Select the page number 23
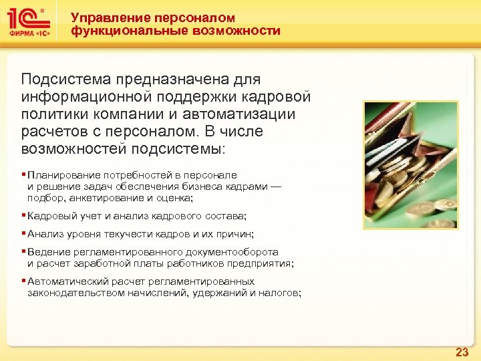coord(461,352)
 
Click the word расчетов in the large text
coord(53,131)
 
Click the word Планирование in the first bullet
coord(58,174)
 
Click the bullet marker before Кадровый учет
coord(23,216)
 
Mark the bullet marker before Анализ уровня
coord(23,234)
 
